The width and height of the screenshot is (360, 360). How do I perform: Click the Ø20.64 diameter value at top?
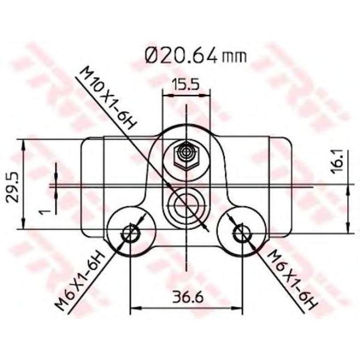coord(181,55)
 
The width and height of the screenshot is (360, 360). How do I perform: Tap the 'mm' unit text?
coord(234,57)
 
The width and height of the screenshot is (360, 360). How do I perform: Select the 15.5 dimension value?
coord(186,85)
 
